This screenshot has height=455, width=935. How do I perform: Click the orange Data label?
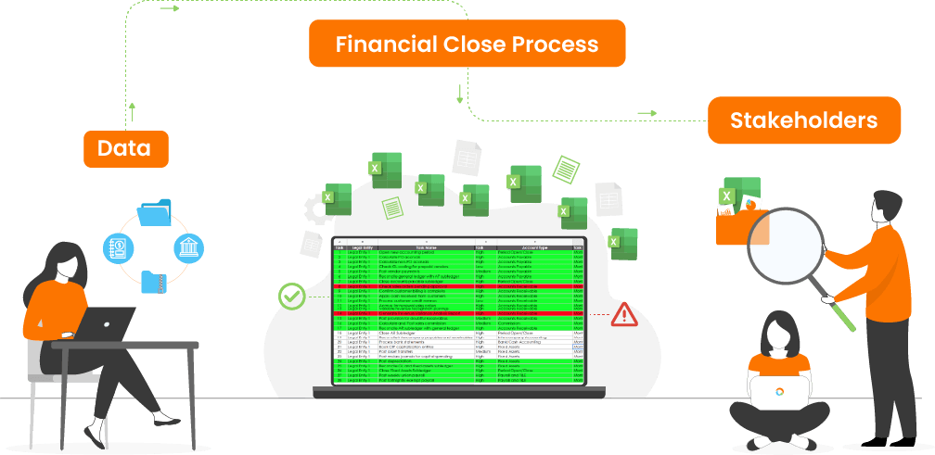pyautogui.click(x=124, y=148)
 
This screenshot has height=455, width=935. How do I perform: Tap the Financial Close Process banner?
pyautogui.click(x=467, y=44)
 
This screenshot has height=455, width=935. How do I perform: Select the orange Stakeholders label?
pyautogui.click(x=803, y=120)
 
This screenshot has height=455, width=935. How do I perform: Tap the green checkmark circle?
pyautogui.click(x=291, y=297)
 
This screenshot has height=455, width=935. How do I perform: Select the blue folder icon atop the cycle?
pyautogui.click(x=154, y=212)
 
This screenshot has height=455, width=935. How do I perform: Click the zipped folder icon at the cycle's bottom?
pyautogui.click(x=154, y=280)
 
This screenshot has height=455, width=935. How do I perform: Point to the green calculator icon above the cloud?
pyautogui.click(x=564, y=169)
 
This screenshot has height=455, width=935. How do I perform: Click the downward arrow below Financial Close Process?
pyautogui.click(x=459, y=94)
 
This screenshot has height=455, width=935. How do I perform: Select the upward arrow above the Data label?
pyautogui.click(x=133, y=112)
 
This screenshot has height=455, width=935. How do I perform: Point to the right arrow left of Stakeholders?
pyautogui.click(x=647, y=114)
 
